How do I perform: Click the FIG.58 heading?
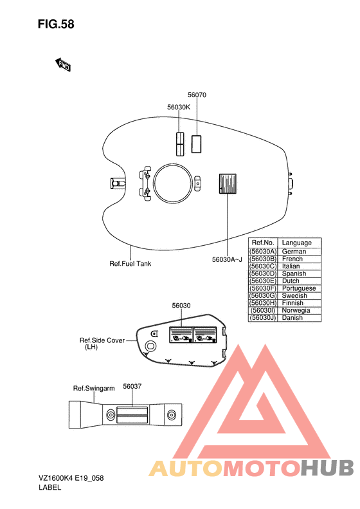pyautogui.click(x=56, y=24)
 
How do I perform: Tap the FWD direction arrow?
pyautogui.click(x=62, y=64)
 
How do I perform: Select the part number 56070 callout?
pyautogui.click(x=197, y=95)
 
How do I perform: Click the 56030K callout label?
pyautogui.click(x=179, y=107)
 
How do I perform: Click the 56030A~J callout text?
pyautogui.click(x=227, y=260)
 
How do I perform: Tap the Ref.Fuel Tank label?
pyautogui.click(x=130, y=264)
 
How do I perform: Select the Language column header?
pyautogui.click(x=297, y=243)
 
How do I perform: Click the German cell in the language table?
pyautogui.click(x=294, y=252)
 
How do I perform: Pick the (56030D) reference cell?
pyautogui.click(x=264, y=273)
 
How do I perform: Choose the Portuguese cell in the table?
pyautogui.click(x=299, y=288)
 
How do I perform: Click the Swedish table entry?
pyautogui.click(x=294, y=296)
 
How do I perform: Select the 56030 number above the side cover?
pyautogui.click(x=181, y=306)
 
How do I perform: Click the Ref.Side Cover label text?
pyautogui.click(x=102, y=340)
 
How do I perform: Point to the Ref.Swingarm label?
pyautogui.click(x=94, y=388)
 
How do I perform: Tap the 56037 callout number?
pyautogui.click(x=132, y=386)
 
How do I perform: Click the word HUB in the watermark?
pyautogui.click(x=327, y=468)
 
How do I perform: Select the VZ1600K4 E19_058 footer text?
pyautogui.click(x=71, y=478)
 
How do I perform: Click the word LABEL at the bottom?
pyautogui.click(x=50, y=487)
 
